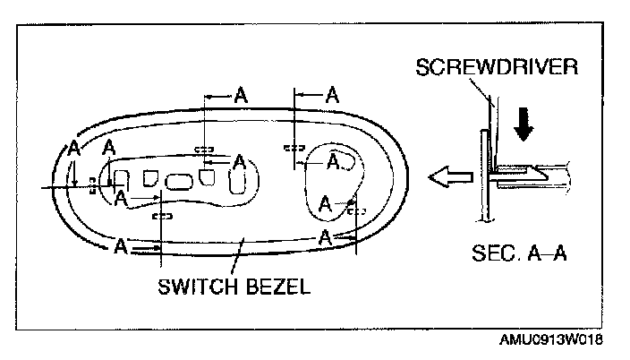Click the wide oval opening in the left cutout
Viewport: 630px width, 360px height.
179,182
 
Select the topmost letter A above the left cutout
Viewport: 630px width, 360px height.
240,95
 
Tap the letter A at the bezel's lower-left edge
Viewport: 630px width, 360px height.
120,247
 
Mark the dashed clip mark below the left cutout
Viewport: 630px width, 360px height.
162,216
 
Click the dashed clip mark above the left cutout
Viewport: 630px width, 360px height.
204,149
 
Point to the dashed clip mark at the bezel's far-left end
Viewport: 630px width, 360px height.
93,184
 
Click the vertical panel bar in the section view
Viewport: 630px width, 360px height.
483,175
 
